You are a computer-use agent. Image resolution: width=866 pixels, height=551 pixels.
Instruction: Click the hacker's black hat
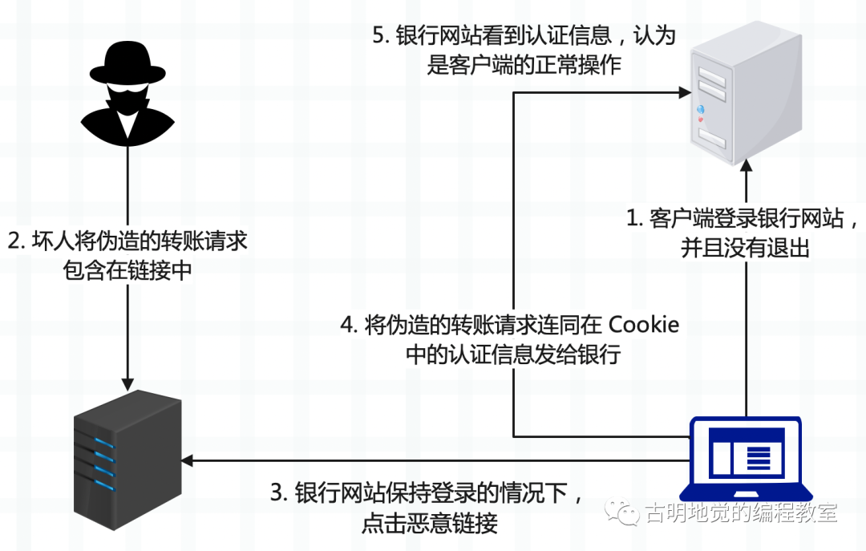[127, 63]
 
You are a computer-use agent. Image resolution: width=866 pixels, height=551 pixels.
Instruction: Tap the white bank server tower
[747, 93]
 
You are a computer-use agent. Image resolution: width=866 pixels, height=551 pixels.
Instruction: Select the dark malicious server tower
[127, 460]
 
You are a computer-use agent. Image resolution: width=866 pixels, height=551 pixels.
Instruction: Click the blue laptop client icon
[746, 460]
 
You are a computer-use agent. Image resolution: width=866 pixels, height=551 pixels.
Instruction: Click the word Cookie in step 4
[643, 324]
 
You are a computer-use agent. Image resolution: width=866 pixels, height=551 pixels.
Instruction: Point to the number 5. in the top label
[381, 35]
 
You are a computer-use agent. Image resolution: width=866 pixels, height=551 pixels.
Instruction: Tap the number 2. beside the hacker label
[17, 241]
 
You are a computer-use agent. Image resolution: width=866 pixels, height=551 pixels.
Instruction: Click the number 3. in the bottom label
[279, 492]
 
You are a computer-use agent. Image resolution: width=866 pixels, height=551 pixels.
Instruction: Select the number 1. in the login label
[634, 217]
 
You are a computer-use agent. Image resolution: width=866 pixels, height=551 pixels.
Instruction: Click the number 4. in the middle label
[350, 324]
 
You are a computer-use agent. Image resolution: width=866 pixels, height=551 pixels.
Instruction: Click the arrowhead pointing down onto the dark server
[127, 384]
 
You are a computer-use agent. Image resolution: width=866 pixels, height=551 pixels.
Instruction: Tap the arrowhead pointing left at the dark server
[187, 460]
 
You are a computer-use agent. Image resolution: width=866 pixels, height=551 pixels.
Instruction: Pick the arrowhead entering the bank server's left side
[684, 92]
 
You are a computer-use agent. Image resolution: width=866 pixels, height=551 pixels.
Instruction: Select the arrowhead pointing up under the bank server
[747, 165]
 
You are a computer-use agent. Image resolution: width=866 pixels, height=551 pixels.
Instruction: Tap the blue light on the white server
[700, 109]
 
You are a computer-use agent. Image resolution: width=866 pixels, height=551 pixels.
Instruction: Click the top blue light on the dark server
[103, 444]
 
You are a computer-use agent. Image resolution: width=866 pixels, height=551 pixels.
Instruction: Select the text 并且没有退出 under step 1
[745, 247]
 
